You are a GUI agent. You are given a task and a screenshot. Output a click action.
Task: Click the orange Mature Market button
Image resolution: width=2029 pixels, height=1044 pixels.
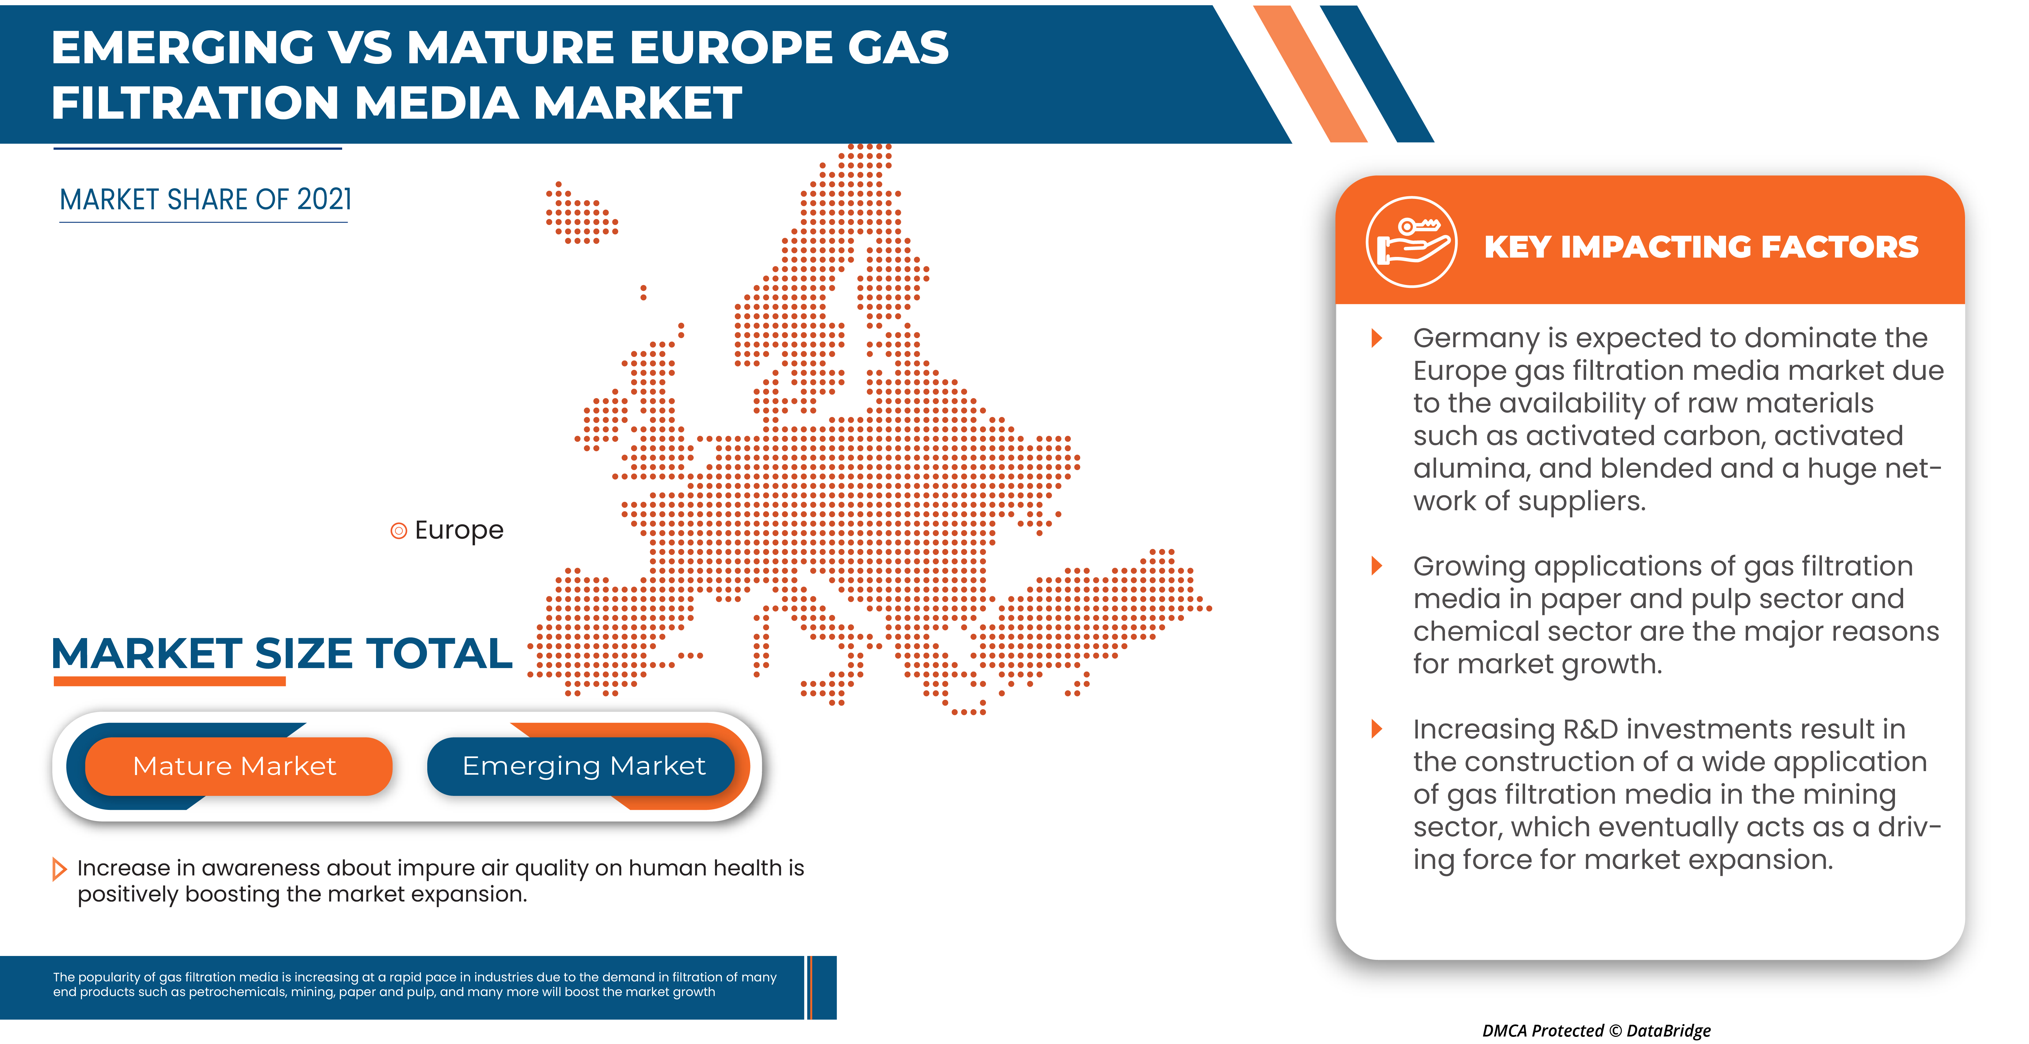[x=236, y=766]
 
